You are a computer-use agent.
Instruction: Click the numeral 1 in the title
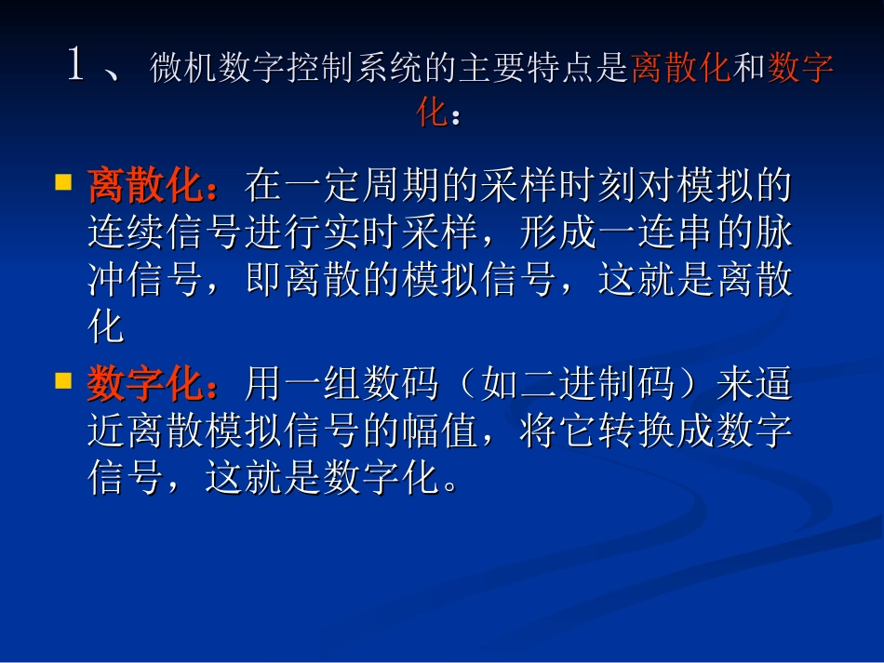pyautogui.click(x=77, y=66)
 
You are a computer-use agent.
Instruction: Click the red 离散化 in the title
pyautogui.click(x=680, y=69)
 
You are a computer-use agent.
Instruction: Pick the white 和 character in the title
pyautogui.click(x=748, y=69)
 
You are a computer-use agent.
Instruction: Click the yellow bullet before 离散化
pyautogui.click(x=64, y=183)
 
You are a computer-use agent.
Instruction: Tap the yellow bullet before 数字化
pyautogui.click(x=64, y=379)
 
